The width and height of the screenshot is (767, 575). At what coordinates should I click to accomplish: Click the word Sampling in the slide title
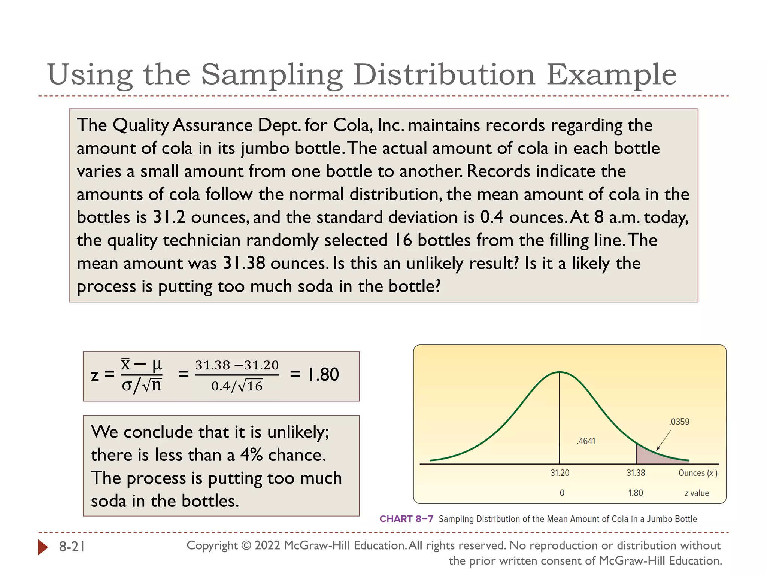[x=272, y=75]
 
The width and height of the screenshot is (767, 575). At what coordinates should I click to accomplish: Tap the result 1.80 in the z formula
[x=323, y=375]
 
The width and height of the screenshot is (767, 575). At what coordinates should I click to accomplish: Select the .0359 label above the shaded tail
[x=679, y=422]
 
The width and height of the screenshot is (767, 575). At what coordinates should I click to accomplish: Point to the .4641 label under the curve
[x=586, y=441]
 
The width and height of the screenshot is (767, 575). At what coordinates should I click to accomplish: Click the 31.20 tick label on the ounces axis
[x=560, y=473]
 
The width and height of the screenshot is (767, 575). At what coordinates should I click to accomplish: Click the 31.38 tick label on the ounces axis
[x=636, y=473]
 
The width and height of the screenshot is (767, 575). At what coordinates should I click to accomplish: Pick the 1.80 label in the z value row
[x=636, y=493]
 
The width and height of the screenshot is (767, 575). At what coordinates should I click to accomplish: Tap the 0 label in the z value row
[x=562, y=493]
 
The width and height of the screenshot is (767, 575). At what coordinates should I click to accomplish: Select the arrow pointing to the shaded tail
[x=663, y=440]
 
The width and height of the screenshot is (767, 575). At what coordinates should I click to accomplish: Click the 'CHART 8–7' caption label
[x=406, y=519]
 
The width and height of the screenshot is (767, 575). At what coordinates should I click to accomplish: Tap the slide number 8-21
[x=72, y=547]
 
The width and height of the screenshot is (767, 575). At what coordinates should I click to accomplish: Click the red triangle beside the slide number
[x=43, y=547]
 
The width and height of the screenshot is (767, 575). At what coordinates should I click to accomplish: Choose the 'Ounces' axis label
[x=692, y=473]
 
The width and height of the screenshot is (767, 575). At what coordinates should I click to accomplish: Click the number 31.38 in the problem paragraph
[x=244, y=263]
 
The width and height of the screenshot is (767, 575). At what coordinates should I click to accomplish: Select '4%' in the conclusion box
[x=251, y=455]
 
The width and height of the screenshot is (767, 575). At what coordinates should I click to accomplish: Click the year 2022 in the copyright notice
[x=267, y=545]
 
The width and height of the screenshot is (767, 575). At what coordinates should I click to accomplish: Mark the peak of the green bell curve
[x=560, y=372]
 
